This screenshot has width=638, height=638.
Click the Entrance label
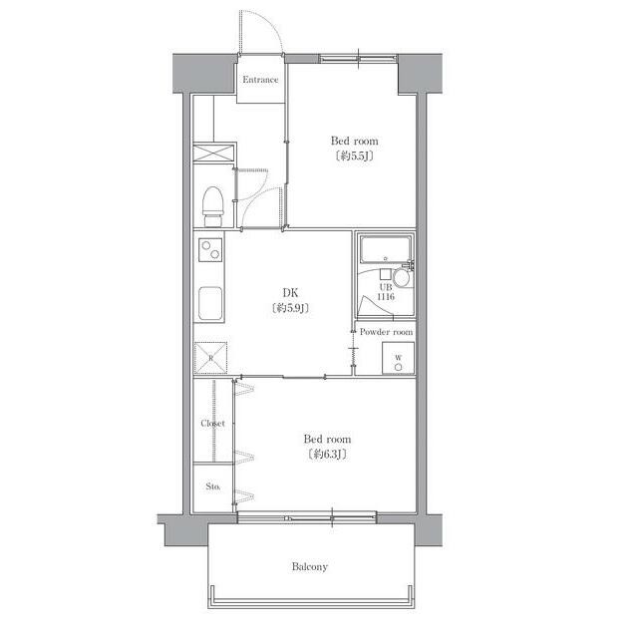tap(260, 80)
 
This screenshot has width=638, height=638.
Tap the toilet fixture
tap(212, 206)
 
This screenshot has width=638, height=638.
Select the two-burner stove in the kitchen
tap(210, 250)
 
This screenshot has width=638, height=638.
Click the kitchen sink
tap(210, 303)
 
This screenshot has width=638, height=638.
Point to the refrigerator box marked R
tap(210, 358)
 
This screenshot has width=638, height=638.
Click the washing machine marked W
tap(398, 358)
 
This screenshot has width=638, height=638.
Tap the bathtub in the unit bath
tap(385, 249)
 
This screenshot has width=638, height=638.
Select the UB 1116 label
tap(386, 292)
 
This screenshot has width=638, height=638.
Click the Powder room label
tap(386, 332)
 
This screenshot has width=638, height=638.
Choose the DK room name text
tap(290, 292)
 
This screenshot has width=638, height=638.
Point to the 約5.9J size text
tap(290, 308)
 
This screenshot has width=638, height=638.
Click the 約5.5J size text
tap(354, 156)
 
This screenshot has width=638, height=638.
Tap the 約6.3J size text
tap(327, 455)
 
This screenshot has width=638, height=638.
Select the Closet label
tap(212, 424)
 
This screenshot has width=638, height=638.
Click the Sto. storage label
tap(212, 486)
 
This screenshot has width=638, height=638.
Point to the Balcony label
tap(310, 567)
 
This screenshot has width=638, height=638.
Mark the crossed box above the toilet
tap(213, 153)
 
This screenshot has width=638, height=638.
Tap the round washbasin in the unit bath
tap(401, 278)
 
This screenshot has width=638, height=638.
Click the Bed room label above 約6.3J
tap(327, 439)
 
